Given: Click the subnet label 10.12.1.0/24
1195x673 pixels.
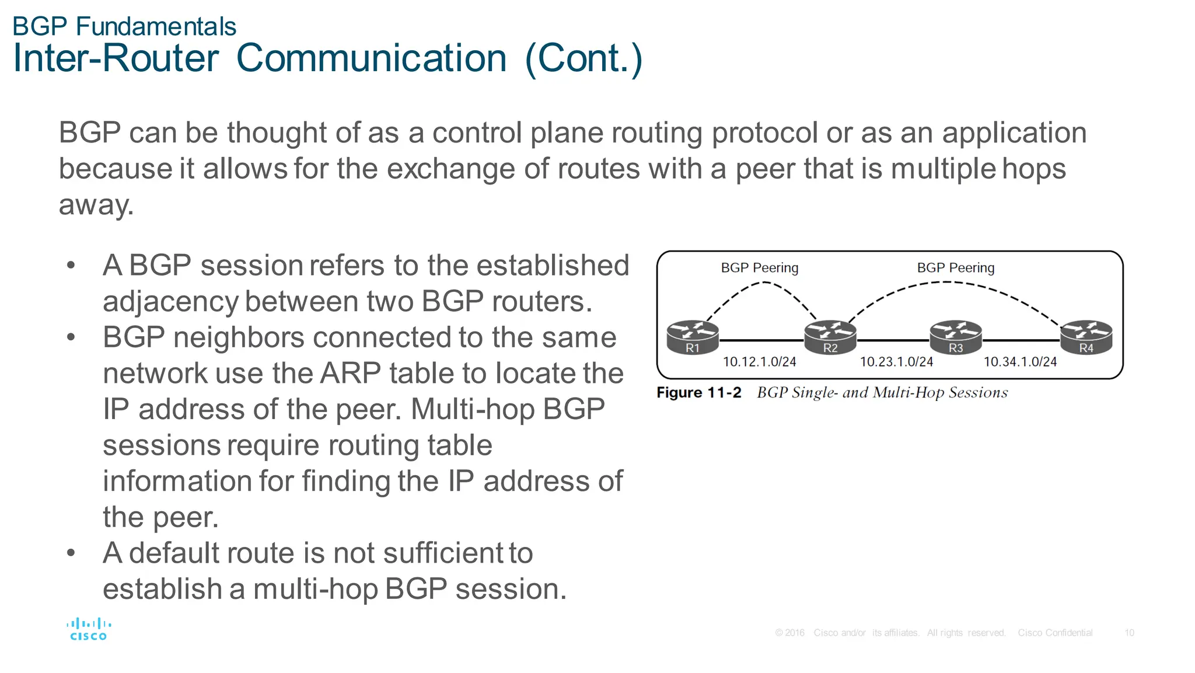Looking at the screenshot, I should (759, 362).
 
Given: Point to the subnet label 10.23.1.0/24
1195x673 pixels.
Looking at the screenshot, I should (896, 362).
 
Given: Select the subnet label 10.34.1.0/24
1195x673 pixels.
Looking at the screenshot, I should (1020, 362).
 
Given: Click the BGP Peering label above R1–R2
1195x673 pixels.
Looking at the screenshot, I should (759, 268).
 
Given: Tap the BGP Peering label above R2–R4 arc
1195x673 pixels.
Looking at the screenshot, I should (955, 268).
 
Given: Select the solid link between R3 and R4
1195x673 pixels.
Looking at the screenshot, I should (1021, 340).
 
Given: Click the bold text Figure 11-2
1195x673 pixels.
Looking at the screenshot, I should (698, 392).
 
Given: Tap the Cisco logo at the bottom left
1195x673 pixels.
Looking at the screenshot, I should (89, 629).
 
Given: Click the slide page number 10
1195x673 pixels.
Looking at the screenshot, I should (1129, 633).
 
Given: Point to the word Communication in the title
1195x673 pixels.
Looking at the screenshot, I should (371, 58).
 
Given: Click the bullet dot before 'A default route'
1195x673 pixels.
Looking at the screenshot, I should (71, 553).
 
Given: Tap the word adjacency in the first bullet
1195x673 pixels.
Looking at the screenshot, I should (170, 302).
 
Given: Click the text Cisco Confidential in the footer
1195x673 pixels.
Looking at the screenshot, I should (1055, 633).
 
